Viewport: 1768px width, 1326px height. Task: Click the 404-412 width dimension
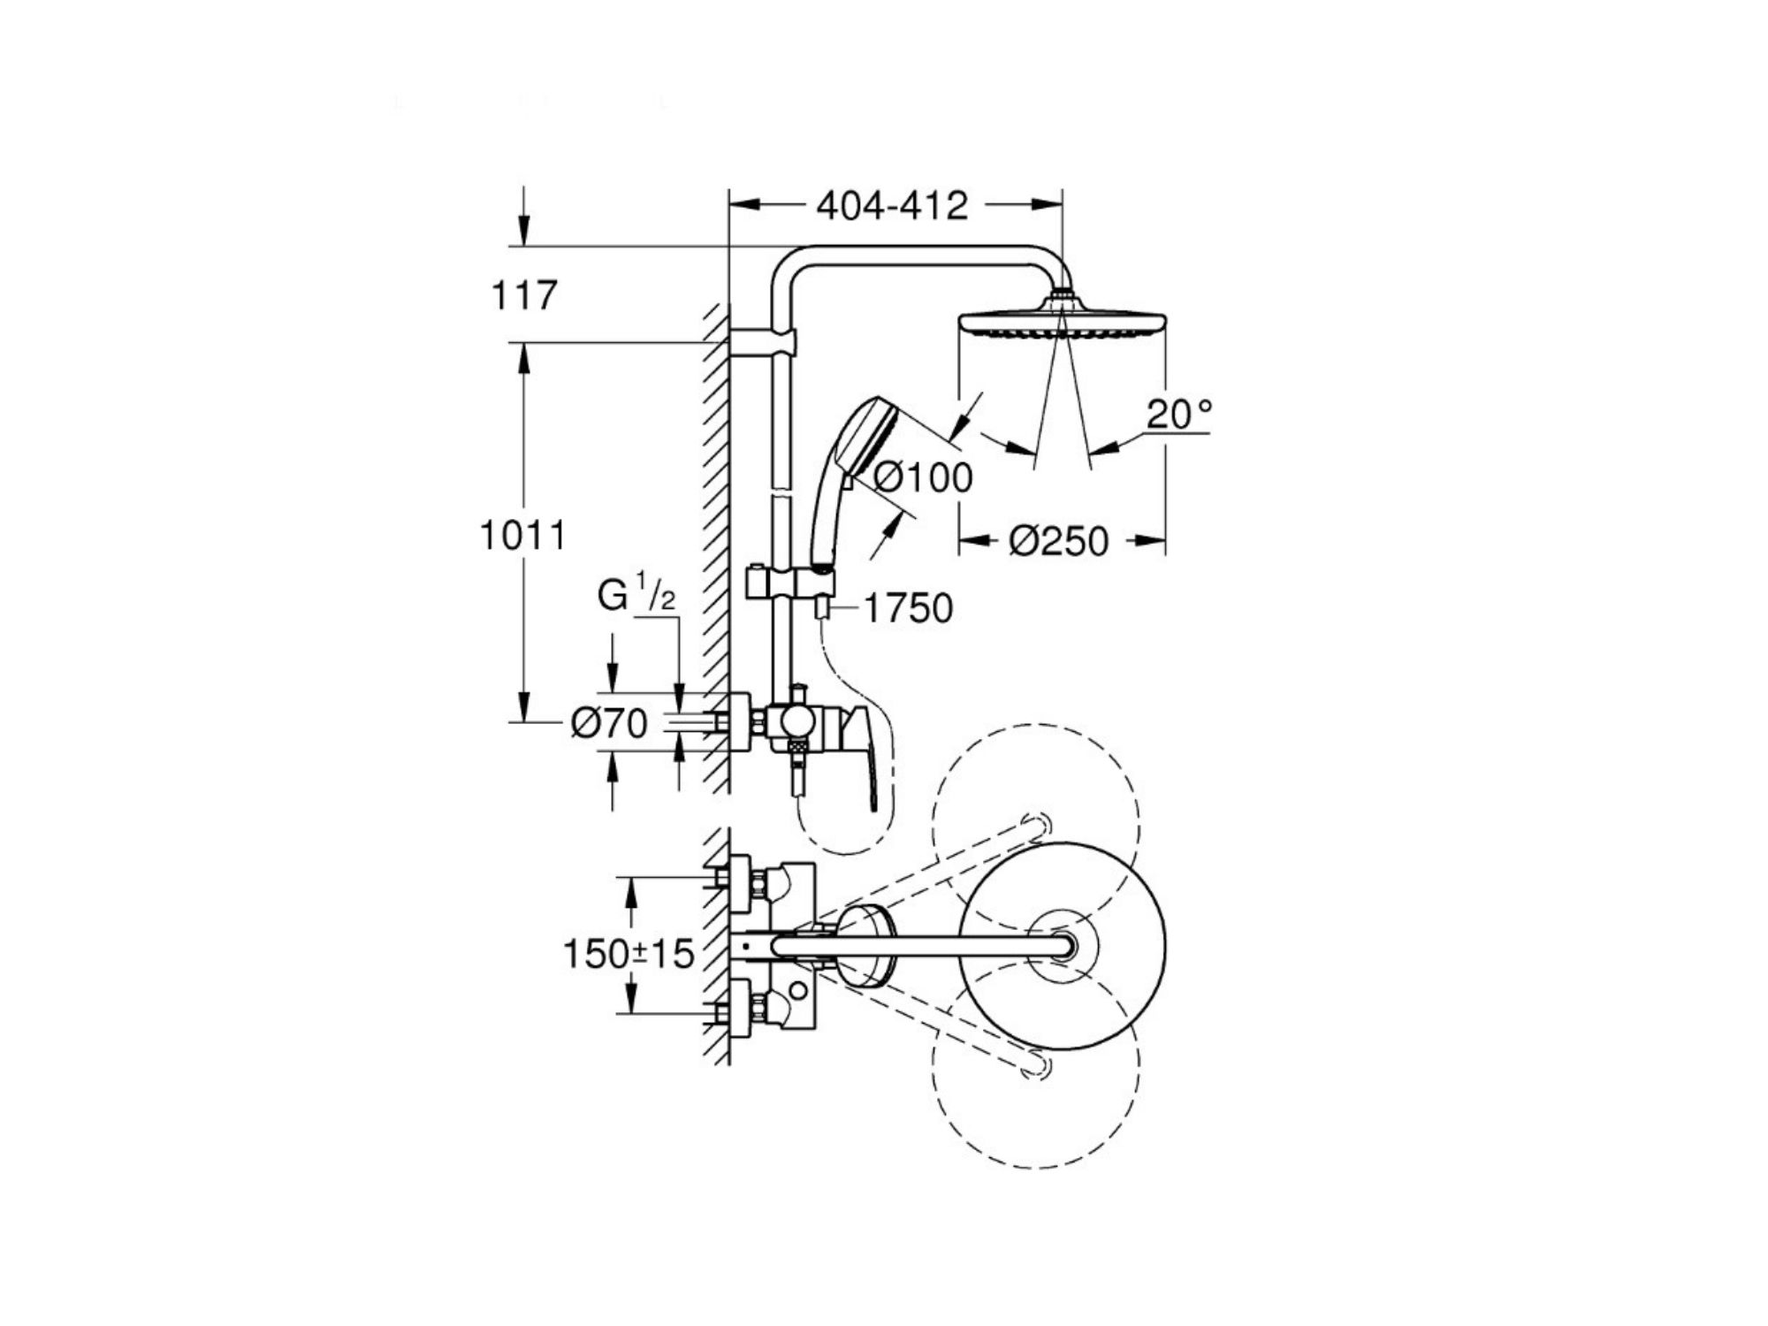(x=892, y=206)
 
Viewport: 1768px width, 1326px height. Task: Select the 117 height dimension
(x=524, y=295)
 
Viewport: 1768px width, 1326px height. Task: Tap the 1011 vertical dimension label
(x=522, y=536)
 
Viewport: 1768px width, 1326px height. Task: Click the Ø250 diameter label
(x=1058, y=541)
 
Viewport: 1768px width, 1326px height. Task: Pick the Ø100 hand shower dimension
(x=923, y=477)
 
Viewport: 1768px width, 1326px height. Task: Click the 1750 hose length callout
(x=908, y=608)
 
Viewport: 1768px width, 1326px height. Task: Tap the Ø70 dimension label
(x=609, y=724)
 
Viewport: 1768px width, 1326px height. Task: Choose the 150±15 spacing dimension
(x=629, y=953)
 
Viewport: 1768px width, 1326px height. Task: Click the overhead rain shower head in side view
(x=1062, y=317)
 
